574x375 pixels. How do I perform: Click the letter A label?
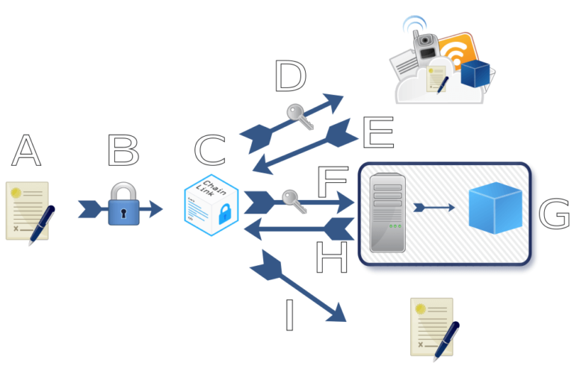[26, 152]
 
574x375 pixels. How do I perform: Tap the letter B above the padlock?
[123, 152]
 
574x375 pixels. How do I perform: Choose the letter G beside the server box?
[554, 215]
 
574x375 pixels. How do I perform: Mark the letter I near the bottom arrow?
[290, 316]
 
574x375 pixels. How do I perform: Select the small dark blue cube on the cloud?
[475, 74]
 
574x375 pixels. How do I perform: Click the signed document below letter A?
[27, 211]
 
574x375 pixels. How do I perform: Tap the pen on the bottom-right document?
[446, 341]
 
